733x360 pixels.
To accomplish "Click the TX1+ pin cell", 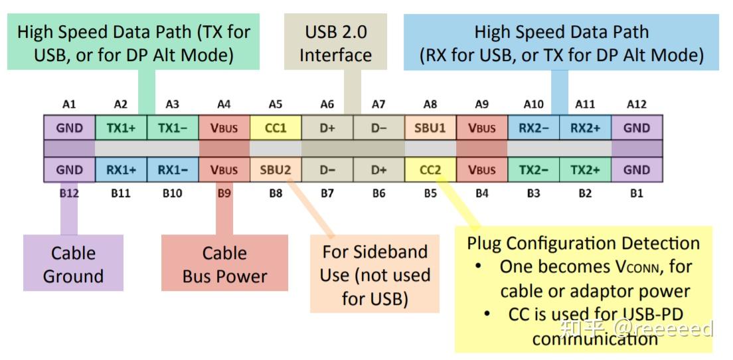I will point(121,128).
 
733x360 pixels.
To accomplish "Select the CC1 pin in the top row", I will point(276,128).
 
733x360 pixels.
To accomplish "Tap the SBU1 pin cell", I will point(430,128).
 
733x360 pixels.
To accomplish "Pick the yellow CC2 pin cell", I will point(430,170).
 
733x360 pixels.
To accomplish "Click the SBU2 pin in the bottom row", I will point(276,170).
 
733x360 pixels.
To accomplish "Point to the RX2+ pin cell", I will point(585,128).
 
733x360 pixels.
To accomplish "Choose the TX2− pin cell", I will point(533,170).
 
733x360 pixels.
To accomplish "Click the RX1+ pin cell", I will point(121,170).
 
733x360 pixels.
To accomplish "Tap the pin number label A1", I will point(69,104).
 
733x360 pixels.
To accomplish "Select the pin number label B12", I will point(69,194).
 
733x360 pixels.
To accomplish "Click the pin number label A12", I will point(637,104).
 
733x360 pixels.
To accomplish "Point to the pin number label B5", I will point(430,194).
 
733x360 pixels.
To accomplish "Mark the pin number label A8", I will point(430,104).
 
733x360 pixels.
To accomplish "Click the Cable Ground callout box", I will point(73,264).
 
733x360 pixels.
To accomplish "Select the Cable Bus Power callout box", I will point(224,264).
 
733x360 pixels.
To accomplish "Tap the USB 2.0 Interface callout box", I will point(335,43).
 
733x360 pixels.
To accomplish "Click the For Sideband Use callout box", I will point(374,274).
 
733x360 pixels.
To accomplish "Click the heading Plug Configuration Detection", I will point(583,243).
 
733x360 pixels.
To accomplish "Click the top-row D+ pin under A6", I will point(327,128).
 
